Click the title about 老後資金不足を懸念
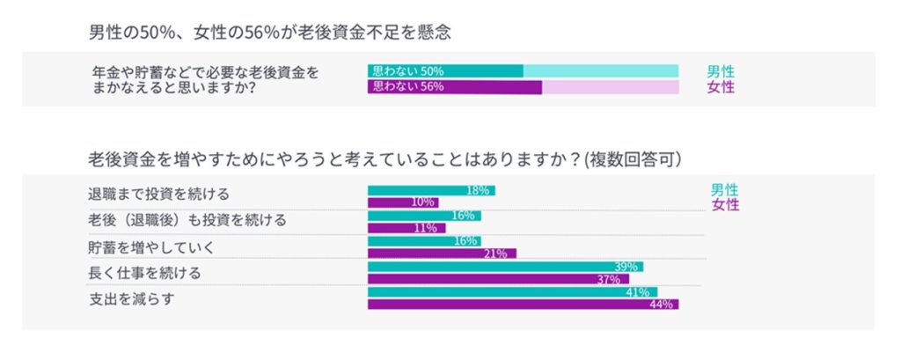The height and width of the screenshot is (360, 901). point(269,33)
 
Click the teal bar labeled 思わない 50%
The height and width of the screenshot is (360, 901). point(445,70)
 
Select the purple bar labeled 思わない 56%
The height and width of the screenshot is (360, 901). point(454,87)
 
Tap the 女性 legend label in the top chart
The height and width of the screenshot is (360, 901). point(721,87)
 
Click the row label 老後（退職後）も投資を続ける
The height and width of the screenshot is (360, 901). point(187,219)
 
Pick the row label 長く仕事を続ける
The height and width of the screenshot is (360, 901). point(144,273)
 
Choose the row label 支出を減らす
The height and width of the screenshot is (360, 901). point(131,298)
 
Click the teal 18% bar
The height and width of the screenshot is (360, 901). point(431,190)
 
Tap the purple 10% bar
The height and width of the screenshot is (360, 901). point(403,202)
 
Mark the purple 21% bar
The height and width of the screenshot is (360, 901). point(442,253)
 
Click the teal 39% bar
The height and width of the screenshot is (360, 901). point(505,267)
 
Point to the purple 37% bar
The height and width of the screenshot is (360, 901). point(498,279)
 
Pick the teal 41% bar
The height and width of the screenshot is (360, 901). point(512,292)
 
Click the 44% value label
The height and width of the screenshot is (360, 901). point(662,305)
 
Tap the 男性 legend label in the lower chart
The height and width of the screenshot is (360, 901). point(725,190)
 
